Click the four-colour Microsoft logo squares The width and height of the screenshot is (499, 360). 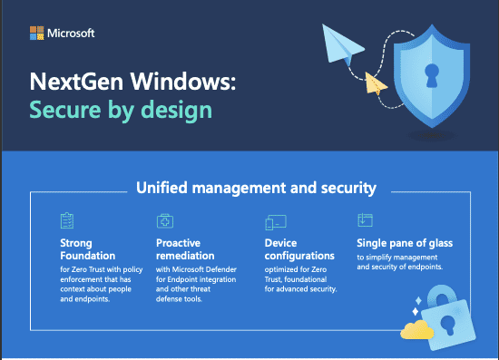tap(37, 34)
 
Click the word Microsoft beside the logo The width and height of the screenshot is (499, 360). tap(70, 34)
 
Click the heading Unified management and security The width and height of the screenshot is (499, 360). tap(256, 189)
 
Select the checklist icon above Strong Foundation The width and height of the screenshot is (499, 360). tap(66, 221)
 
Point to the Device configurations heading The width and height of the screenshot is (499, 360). tap(298, 249)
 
